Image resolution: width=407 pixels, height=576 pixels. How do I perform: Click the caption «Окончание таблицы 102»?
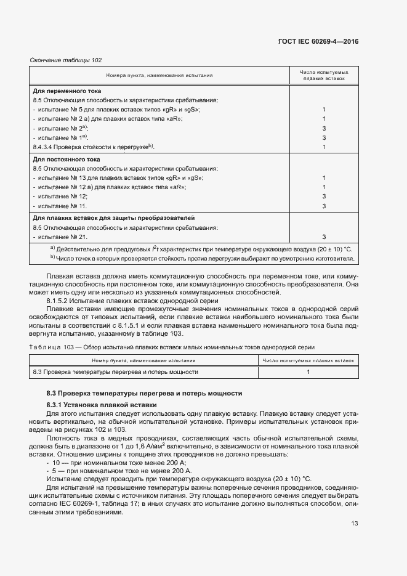point(66,60)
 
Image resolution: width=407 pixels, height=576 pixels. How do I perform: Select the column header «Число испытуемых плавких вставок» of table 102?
point(323,75)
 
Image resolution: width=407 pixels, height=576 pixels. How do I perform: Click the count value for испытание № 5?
point(323,109)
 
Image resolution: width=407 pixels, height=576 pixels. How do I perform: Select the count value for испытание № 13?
point(323,177)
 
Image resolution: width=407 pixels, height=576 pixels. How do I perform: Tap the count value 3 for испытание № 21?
point(323,237)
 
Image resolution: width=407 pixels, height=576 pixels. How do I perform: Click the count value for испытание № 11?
point(323,205)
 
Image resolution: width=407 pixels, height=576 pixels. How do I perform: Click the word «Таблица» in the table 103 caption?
point(44,347)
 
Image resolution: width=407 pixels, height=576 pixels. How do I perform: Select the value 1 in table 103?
point(308,372)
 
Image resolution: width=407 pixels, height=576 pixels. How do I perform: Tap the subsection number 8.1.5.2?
point(59,300)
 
